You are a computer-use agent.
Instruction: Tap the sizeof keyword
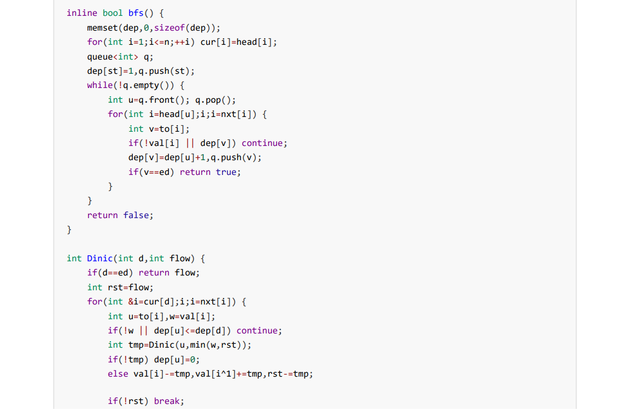pyautogui.click(x=170, y=28)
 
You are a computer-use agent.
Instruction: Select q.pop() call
pyautogui.click(x=215, y=100)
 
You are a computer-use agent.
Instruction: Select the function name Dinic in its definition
pyautogui.click(x=100, y=258)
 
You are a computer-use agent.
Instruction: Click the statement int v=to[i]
pyautogui.click(x=159, y=129)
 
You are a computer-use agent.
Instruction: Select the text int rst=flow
pyautogui.click(x=120, y=287)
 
